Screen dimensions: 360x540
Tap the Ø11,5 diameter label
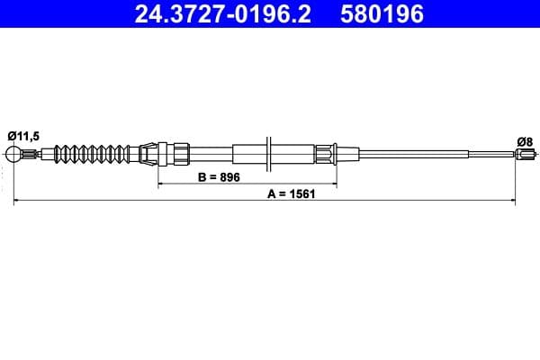click(x=23, y=135)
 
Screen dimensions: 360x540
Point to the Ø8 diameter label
click(x=525, y=140)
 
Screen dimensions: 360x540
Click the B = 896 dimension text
click(x=219, y=177)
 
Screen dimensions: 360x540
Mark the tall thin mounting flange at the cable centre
click(x=268, y=152)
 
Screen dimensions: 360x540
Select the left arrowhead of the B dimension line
click(x=162, y=185)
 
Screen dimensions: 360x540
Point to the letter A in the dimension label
click(x=271, y=193)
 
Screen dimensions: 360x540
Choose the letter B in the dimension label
click(x=202, y=177)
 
